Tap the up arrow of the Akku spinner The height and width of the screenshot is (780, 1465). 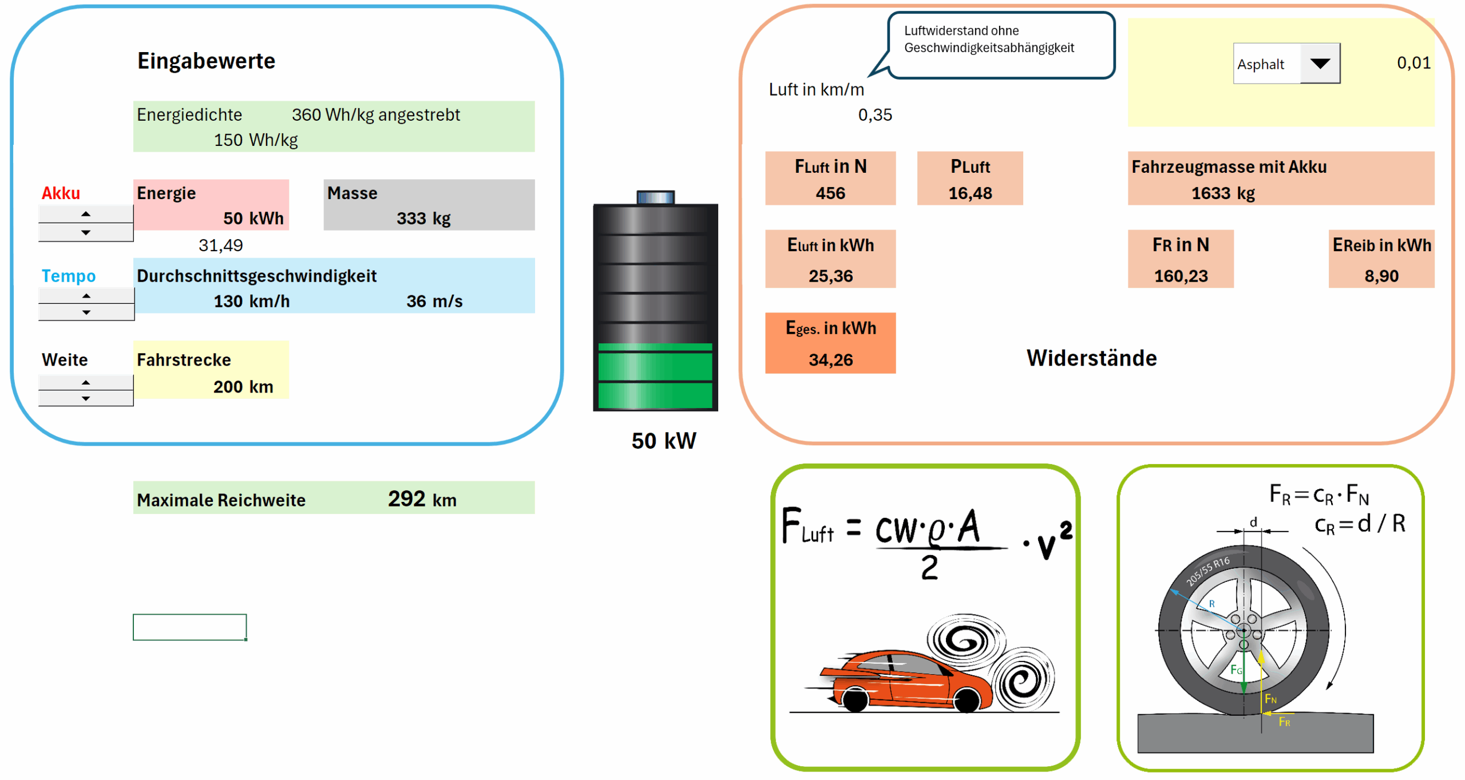[86, 214]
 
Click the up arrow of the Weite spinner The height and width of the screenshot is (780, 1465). [86, 382]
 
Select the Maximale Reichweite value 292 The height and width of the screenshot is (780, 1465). [406, 499]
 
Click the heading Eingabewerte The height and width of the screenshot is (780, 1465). [206, 61]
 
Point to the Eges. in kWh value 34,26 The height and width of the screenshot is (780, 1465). [830, 360]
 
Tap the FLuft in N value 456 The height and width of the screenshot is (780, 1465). [830, 193]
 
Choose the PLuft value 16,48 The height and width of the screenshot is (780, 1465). [970, 193]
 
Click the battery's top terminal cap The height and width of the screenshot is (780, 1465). [656, 197]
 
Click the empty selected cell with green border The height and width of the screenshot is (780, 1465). [189, 627]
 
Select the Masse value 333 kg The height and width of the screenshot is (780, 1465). [423, 219]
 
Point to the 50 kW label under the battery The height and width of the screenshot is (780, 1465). [664, 441]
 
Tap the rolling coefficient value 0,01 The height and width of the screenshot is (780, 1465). [1413, 63]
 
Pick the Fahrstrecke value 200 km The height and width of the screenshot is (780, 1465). [243, 387]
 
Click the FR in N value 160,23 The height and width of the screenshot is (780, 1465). [1181, 276]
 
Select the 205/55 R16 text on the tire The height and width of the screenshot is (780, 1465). [1207, 571]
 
